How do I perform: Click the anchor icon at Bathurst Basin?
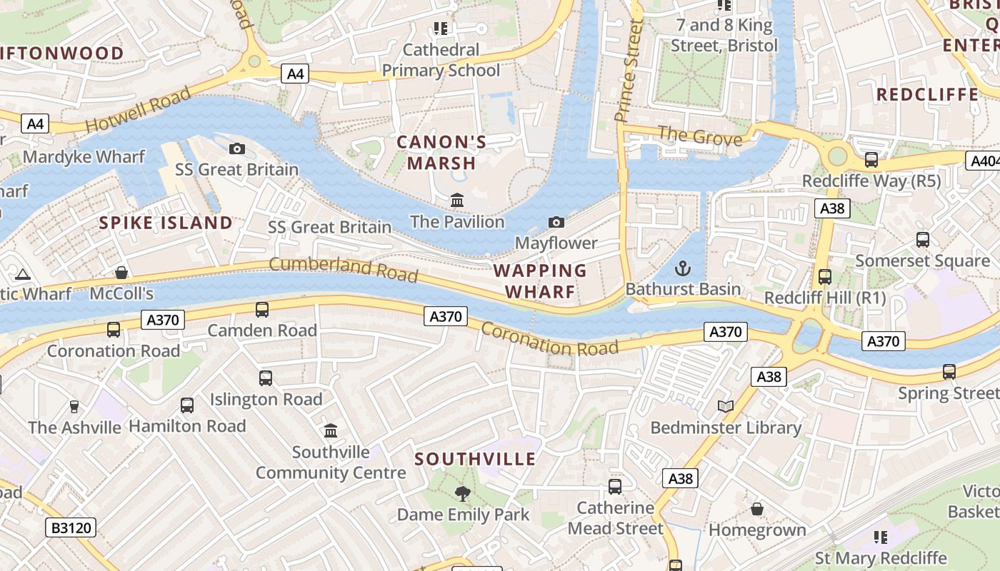tap(683, 269)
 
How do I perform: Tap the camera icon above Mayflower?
tap(556, 223)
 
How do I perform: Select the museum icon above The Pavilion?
tap(457, 201)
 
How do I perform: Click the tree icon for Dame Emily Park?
tap(463, 493)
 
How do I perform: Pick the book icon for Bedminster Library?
tap(726, 407)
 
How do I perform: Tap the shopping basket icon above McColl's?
tap(121, 273)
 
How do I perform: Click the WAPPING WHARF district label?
tap(540, 281)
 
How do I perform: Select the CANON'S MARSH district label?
tap(441, 153)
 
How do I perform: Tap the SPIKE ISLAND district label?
tap(166, 223)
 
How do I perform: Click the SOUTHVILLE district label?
tap(475, 459)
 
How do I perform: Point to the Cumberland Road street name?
tap(344, 269)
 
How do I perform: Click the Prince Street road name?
tap(629, 70)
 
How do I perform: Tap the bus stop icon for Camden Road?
tap(262, 309)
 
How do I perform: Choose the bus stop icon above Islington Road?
tap(266, 378)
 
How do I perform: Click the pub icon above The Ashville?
tap(74, 407)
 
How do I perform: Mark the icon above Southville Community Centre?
tap(331, 430)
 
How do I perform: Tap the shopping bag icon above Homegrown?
tap(757, 509)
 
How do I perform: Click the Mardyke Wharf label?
tap(84, 156)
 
